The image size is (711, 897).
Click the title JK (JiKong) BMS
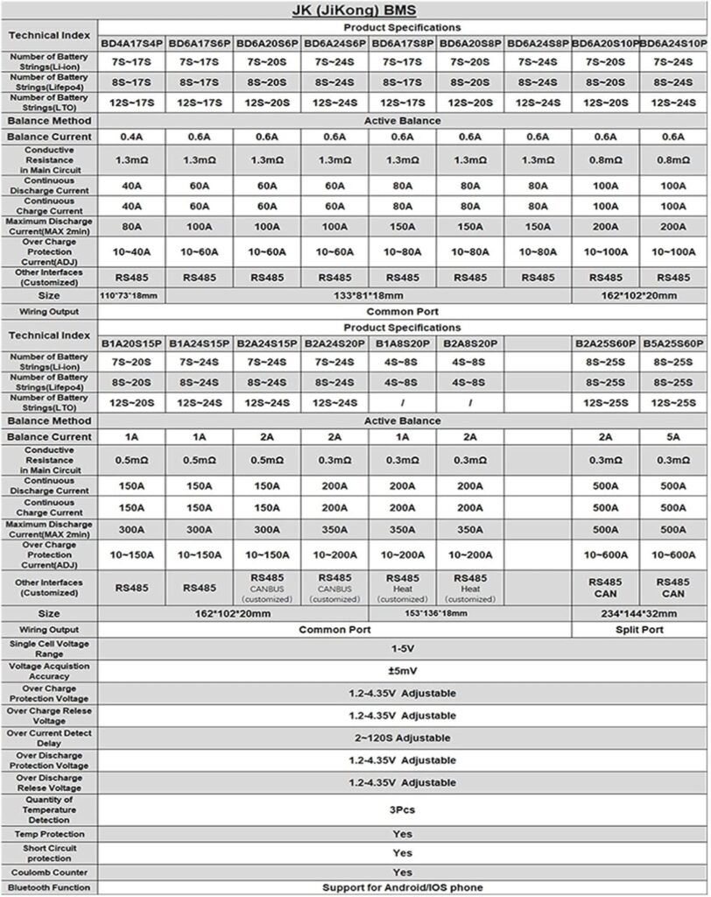[355, 11]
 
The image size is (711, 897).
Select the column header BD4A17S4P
[131, 42]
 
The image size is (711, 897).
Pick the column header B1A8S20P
[402, 343]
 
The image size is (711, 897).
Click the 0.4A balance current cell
[131, 137]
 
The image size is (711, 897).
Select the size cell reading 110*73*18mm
[131, 295]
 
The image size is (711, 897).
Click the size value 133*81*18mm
[402, 295]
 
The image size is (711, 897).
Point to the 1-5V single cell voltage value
[402, 649]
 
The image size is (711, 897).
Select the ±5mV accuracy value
[402, 671]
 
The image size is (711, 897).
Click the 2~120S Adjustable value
[402, 738]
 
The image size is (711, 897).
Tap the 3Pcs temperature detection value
[402, 809]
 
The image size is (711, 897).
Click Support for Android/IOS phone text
[402, 887]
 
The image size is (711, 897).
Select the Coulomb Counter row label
[49, 872]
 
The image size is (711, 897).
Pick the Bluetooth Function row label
[49, 887]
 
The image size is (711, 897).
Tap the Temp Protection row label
[49, 834]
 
